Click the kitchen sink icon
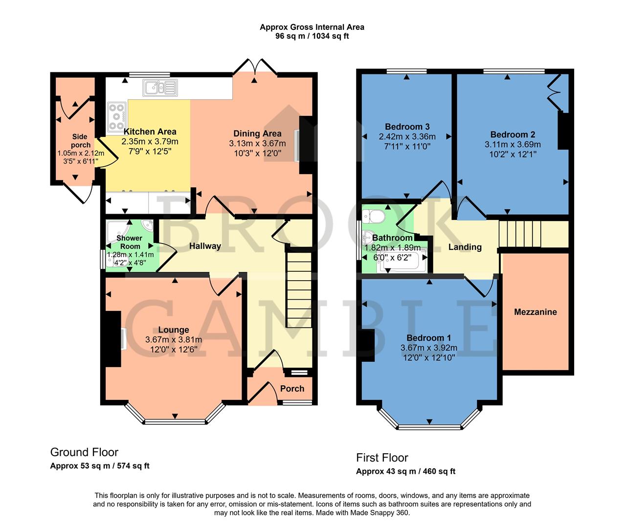159,88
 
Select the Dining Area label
257,133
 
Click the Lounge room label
173,330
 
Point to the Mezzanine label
535,312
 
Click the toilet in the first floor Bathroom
376,216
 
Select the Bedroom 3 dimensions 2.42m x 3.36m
407,137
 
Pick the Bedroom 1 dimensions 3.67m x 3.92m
429,348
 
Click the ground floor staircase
298,289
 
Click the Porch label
292,389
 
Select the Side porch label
80,141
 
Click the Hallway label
205,246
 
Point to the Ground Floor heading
84,452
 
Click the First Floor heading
382,458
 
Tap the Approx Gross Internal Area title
312,27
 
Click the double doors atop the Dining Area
254,66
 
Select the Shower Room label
130,242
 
